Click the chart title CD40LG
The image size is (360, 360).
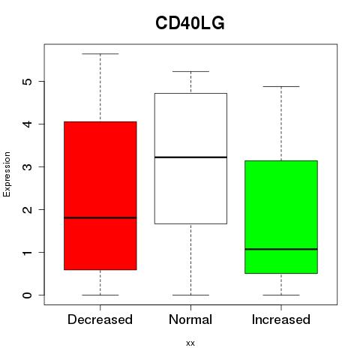(x=190, y=23)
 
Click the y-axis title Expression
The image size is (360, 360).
(x=7, y=174)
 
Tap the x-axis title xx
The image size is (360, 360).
(x=190, y=343)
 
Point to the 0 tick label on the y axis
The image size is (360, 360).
(x=27, y=295)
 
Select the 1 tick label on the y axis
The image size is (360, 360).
(x=27, y=253)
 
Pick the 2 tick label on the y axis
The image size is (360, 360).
(x=27, y=209)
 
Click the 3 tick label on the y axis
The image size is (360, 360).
(x=27, y=166)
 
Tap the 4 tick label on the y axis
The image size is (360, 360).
(x=27, y=124)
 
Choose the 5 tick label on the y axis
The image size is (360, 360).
(x=27, y=82)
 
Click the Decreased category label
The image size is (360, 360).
(x=100, y=319)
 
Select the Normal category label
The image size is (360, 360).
(x=190, y=319)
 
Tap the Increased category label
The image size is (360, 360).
(x=281, y=319)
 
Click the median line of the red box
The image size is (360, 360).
(x=100, y=217)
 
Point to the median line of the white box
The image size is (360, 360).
(x=190, y=157)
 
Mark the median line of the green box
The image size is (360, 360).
(x=281, y=249)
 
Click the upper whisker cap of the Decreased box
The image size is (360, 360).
(x=100, y=54)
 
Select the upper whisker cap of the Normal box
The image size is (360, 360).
(x=190, y=71)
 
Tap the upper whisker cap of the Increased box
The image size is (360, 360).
(x=281, y=86)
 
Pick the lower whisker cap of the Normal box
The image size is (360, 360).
(x=190, y=295)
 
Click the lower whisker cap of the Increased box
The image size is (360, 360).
(x=281, y=295)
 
